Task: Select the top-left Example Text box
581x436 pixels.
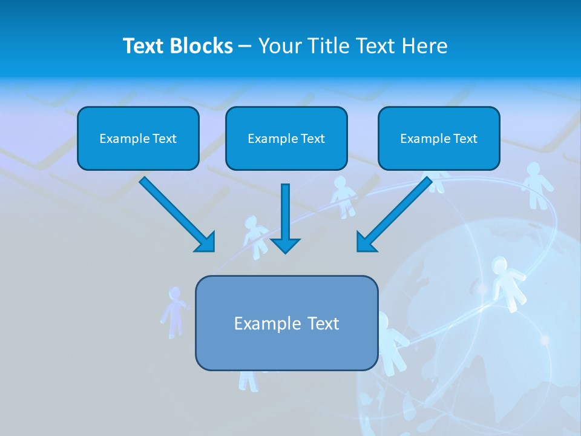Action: click(138, 138)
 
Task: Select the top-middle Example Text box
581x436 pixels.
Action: click(286, 138)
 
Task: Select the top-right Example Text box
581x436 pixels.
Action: click(439, 138)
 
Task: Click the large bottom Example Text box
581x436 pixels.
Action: click(286, 323)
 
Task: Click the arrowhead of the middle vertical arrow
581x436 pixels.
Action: click(285, 245)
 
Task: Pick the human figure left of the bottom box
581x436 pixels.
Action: click(174, 312)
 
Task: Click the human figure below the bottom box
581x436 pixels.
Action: click(248, 381)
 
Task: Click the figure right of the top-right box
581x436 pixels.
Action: click(534, 185)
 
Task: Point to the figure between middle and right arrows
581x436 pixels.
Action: click(343, 197)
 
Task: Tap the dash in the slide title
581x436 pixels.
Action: click(245, 47)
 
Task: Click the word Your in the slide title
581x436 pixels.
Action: click(280, 46)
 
